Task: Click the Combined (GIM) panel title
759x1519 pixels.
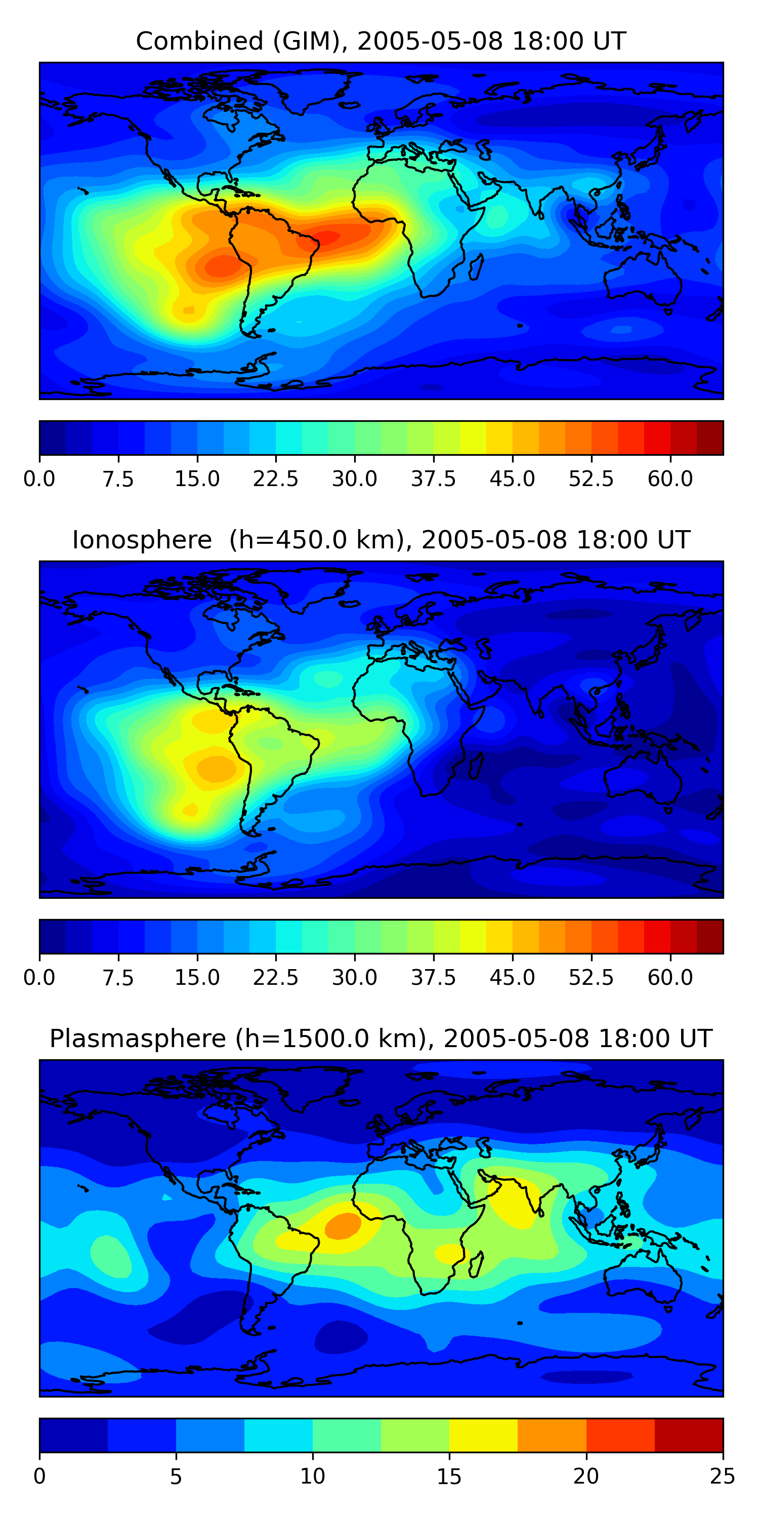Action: pyautogui.click(x=381, y=42)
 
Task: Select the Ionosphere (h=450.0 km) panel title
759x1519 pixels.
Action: pyautogui.click(x=381, y=540)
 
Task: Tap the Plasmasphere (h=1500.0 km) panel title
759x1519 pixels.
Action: pyautogui.click(x=381, y=1038)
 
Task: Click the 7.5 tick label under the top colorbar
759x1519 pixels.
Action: pyautogui.click(x=118, y=479)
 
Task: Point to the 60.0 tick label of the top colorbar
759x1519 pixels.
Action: pyautogui.click(x=670, y=479)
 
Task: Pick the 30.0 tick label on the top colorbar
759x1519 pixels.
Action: pyautogui.click(x=355, y=479)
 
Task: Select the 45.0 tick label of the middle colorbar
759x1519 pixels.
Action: pyautogui.click(x=512, y=978)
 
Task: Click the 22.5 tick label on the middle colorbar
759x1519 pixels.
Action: pyautogui.click(x=276, y=978)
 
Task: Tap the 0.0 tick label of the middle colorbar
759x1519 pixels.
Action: pyautogui.click(x=39, y=978)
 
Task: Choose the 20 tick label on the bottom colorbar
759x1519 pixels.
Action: pyautogui.click(x=586, y=1476)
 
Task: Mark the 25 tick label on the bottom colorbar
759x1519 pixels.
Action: pyautogui.click(x=723, y=1476)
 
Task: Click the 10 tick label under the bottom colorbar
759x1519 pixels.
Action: pyautogui.click(x=312, y=1476)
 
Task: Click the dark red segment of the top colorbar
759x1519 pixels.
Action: pyautogui.click(x=709, y=438)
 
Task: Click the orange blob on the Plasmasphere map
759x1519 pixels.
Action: pyautogui.click(x=343, y=1225)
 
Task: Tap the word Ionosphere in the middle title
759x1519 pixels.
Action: pyautogui.click(x=142, y=540)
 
